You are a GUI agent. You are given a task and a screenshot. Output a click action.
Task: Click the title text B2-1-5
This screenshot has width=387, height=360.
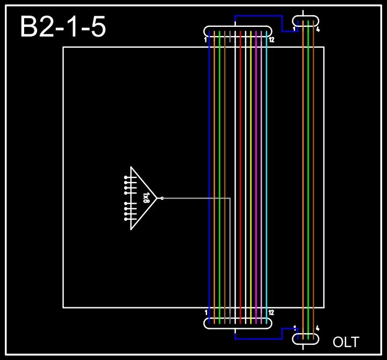[63, 27]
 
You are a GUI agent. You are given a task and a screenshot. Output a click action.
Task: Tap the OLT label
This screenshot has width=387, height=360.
[346, 342]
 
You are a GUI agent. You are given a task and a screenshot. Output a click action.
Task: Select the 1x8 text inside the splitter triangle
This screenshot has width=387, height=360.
[146, 198]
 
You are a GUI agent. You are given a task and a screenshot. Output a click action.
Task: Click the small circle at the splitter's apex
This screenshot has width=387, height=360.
[162, 198]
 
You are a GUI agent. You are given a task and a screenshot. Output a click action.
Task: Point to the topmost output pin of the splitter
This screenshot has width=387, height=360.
[126, 177]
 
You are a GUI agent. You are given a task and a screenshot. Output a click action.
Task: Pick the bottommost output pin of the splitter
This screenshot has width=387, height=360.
[126, 219]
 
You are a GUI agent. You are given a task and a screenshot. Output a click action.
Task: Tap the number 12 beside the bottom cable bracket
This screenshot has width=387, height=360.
[271, 313]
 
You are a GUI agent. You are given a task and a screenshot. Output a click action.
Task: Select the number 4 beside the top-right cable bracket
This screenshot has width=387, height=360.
[318, 30]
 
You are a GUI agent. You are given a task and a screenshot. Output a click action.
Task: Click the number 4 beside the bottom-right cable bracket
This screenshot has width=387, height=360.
[318, 328]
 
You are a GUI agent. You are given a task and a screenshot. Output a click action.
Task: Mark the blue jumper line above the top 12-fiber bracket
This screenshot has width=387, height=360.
[258, 16]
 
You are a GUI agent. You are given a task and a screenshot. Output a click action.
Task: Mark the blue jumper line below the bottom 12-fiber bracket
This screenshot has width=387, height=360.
[258, 339]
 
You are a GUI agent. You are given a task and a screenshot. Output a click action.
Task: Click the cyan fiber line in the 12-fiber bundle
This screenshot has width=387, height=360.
[266, 161]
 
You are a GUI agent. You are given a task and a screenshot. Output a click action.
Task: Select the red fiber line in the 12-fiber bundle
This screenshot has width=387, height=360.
[240, 161]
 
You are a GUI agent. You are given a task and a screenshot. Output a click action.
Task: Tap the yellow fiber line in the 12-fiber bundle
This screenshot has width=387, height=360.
[250, 161]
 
